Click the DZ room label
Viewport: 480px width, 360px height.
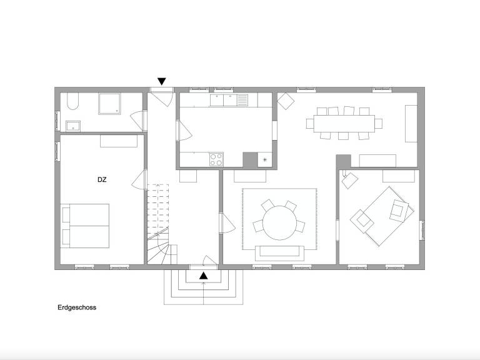pos(102,180)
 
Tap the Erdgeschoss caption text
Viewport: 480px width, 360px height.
pos(77,307)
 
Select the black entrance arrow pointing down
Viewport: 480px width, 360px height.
pos(162,81)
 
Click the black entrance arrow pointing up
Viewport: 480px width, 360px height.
pos(204,276)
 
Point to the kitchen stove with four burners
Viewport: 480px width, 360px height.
pos(216,159)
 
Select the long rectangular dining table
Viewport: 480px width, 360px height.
pos(344,123)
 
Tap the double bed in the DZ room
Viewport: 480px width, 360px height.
pos(85,226)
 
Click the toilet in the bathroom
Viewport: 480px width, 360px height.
pos(73,101)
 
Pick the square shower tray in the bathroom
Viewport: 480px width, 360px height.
pos(109,104)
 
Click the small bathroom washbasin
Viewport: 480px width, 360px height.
pos(73,126)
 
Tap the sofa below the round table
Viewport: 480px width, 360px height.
pos(279,253)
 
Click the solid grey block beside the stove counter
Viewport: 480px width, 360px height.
pos(250,159)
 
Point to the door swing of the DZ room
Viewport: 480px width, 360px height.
pos(138,180)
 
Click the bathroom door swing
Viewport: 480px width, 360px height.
pos(137,120)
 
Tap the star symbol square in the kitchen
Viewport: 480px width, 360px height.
pos(265,159)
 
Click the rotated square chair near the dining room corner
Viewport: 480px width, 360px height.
pos(286,101)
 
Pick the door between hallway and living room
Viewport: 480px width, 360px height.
pos(228,223)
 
